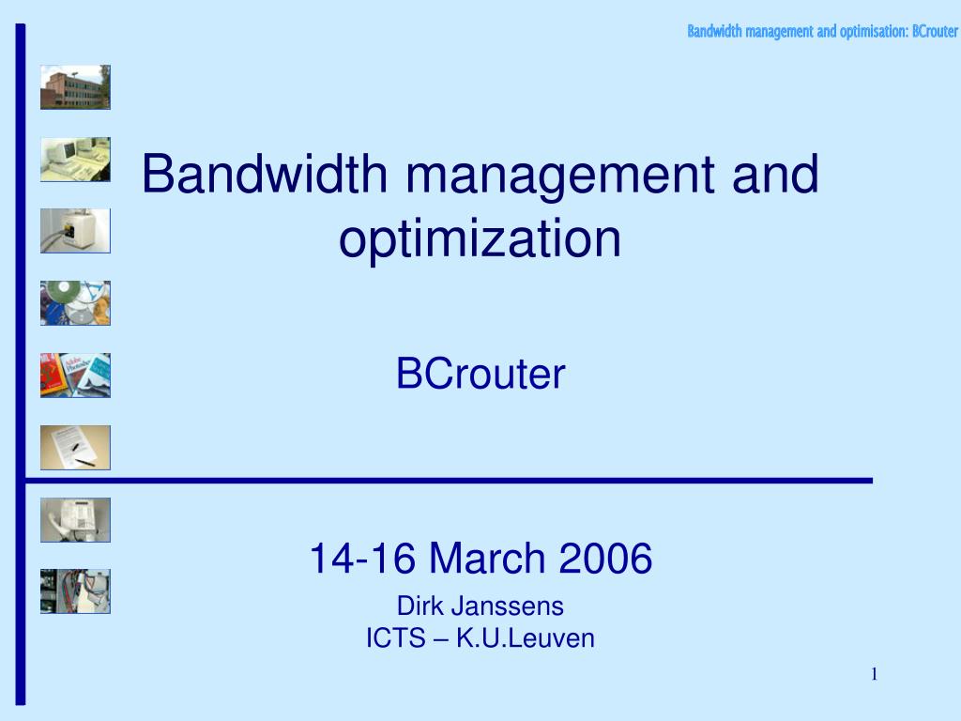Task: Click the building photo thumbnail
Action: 75,87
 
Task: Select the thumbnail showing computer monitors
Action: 75,160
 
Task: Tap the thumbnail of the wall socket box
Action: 75,231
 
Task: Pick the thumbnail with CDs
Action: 75,303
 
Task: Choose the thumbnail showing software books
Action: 75,376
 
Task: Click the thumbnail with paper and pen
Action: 75,447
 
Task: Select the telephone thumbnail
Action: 75,519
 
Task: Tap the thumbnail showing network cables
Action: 75,591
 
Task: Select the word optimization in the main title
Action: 480,238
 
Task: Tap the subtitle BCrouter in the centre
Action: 480,375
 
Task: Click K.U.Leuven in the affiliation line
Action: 526,639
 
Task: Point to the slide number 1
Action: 874,674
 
